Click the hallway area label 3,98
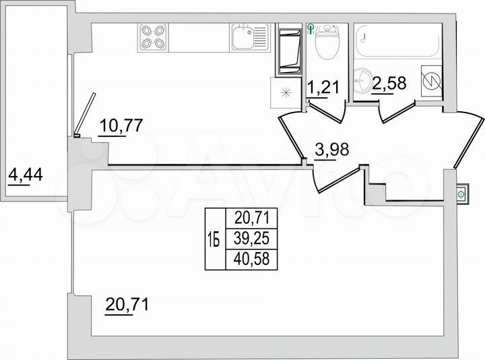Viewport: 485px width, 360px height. tap(332, 150)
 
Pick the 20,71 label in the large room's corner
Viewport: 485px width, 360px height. tap(126, 305)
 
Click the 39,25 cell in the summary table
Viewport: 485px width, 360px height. tap(251, 237)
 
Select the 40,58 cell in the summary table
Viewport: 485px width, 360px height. tap(251, 257)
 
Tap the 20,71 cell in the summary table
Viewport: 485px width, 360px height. tap(251, 217)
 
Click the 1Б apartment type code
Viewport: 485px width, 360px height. tap(215, 238)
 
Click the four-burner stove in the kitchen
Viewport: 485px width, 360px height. tap(152, 37)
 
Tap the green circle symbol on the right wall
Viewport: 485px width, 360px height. tap(461, 194)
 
